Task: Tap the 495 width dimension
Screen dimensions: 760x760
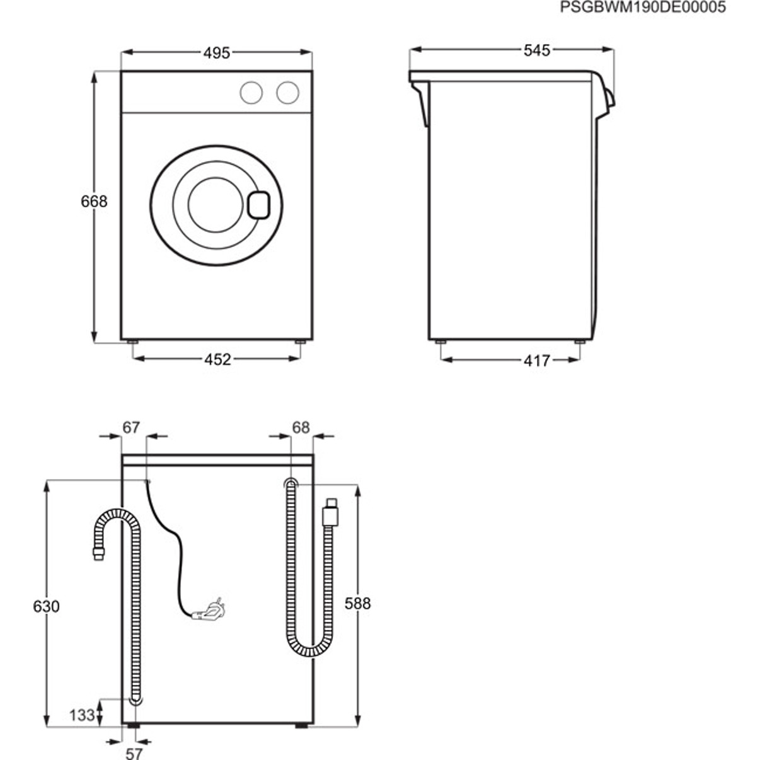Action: click(217, 53)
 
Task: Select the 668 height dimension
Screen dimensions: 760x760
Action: click(94, 202)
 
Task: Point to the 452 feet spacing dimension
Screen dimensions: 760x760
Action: click(217, 359)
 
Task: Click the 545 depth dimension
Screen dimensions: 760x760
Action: click(537, 50)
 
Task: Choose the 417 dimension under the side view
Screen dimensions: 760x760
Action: click(537, 360)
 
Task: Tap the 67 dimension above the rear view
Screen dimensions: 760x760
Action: click(131, 427)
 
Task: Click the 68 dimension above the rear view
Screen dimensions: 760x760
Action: click(301, 427)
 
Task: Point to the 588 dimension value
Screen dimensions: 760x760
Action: click(358, 604)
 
